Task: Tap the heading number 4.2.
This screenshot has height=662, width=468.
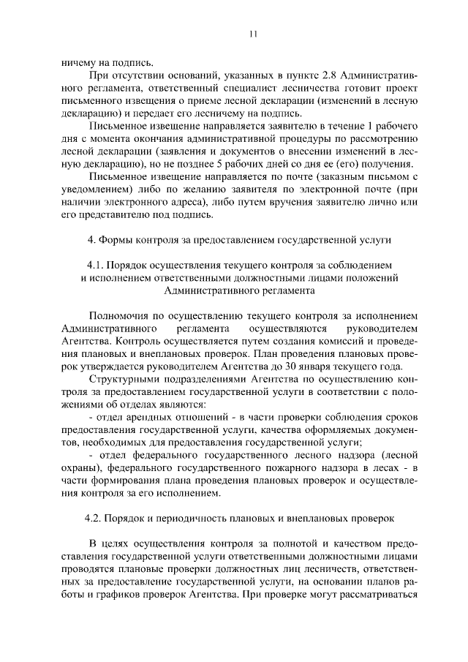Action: (x=96, y=518)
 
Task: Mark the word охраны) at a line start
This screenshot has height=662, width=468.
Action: (x=83, y=468)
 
